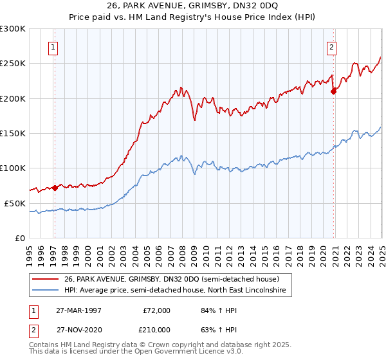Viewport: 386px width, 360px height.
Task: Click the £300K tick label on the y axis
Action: pyautogui.click(x=13, y=29)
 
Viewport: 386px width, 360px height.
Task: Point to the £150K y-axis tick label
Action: pyautogui.click(x=13, y=134)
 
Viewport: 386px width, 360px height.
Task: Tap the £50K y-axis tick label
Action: pyautogui.click(x=15, y=203)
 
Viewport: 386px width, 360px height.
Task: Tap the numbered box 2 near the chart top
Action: pyautogui.click(x=331, y=46)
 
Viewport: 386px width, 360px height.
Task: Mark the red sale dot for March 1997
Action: pyautogui.click(x=55, y=188)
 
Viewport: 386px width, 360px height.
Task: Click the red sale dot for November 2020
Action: pyautogui.click(x=334, y=92)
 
